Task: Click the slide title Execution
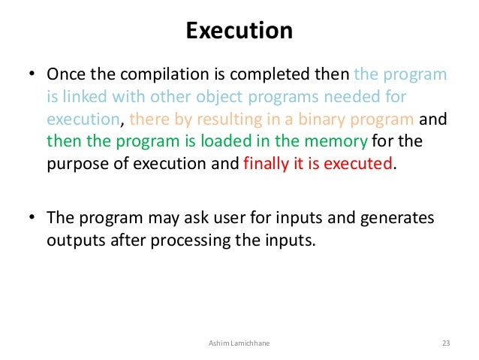(x=239, y=31)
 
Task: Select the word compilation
(x=168, y=76)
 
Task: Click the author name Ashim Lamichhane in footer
(x=239, y=343)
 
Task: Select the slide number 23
(x=445, y=343)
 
